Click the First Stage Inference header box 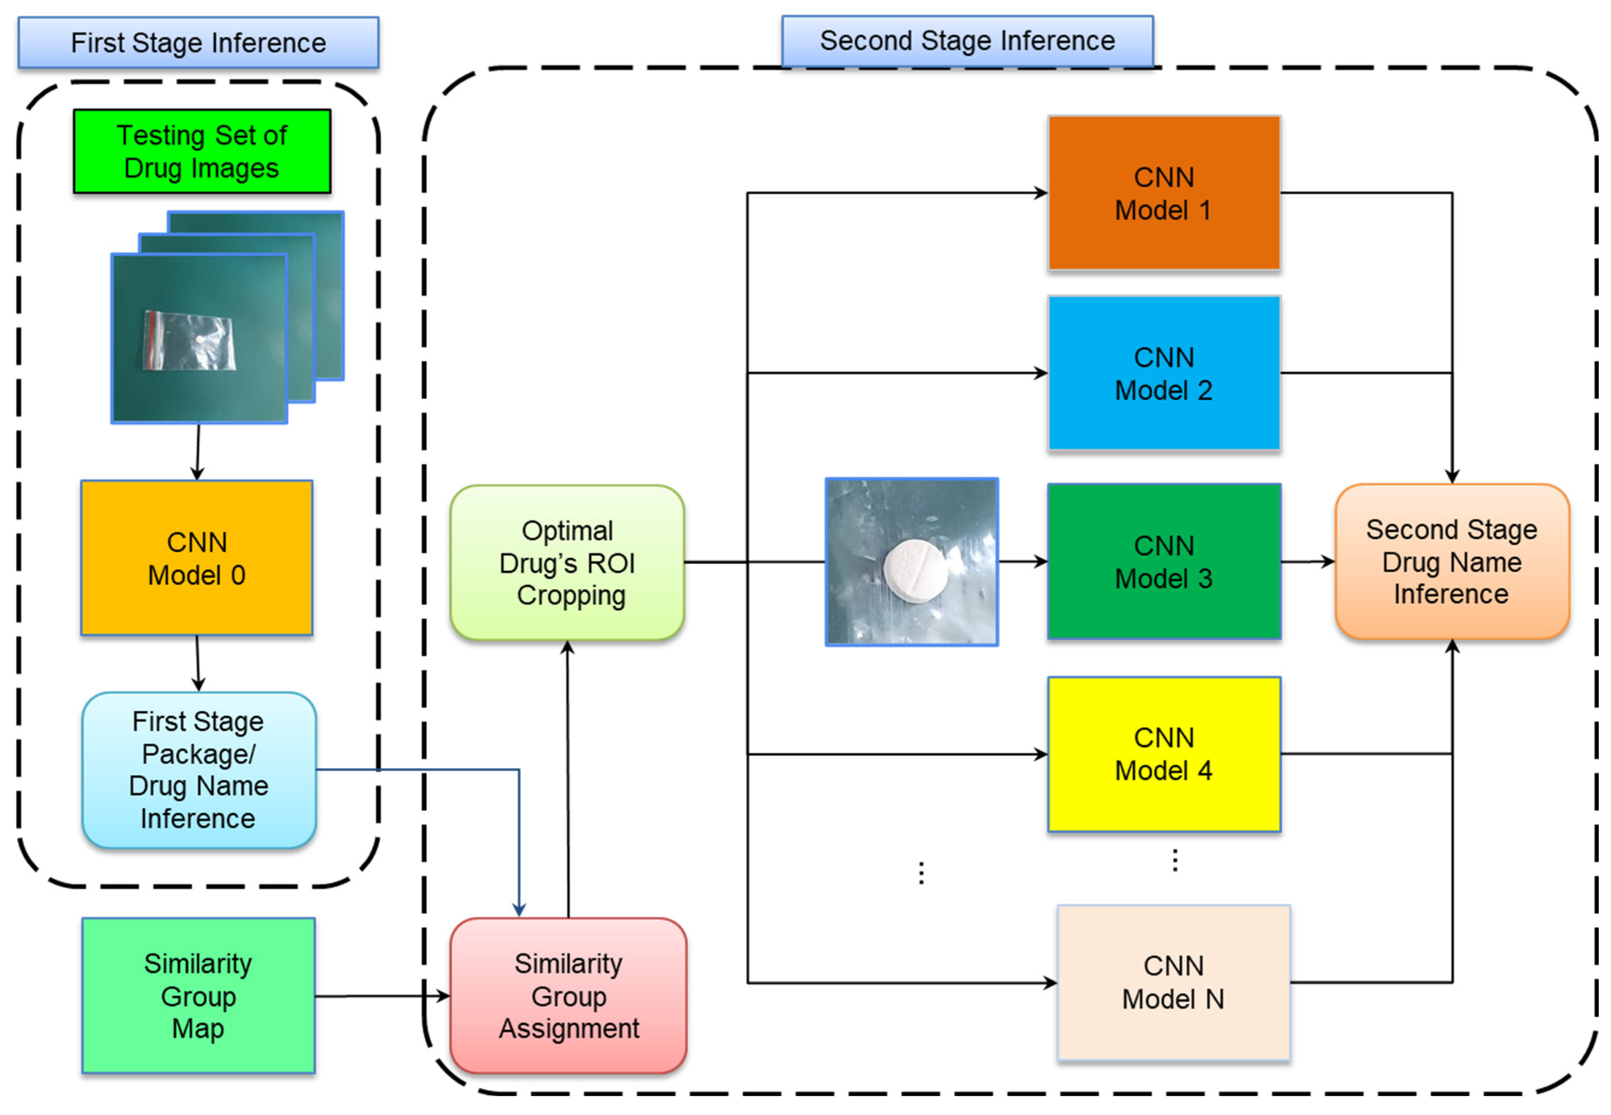click(198, 43)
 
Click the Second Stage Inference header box click(967, 41)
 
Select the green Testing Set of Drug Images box click(202, 151)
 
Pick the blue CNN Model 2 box click(1164, 373)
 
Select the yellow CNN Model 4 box click(1164, 754)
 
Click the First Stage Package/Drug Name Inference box click(199, 770)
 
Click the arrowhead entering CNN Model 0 click(197, 474)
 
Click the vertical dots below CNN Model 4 click(1175, 860)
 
